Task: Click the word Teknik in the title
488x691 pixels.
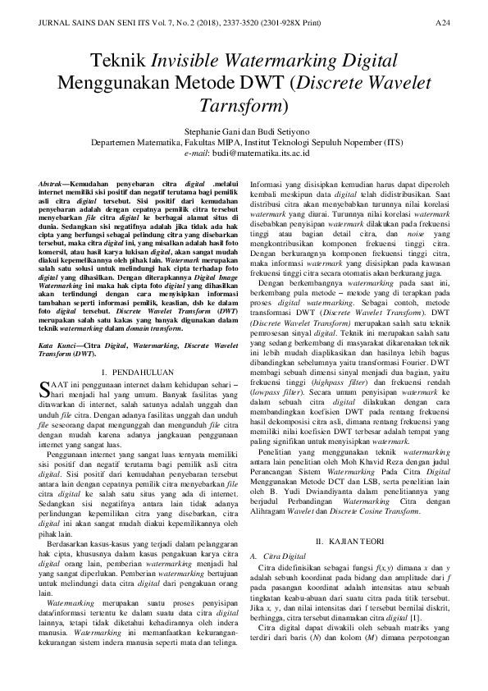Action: click(x=117, y=61)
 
